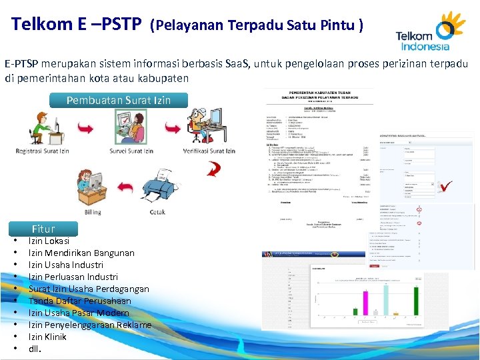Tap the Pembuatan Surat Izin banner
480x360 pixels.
coord(119,101)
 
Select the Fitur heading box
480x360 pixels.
coord(43,229)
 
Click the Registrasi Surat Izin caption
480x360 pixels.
coord(42,151)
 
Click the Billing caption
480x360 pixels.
coord(93,212)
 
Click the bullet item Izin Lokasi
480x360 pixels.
coord(49,241)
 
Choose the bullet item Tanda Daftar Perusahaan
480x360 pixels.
coord(80,301)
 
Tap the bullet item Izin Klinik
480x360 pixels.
coord(47,337)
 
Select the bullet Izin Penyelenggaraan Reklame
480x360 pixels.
coord(90,325)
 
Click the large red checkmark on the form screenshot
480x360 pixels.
coord(446,187)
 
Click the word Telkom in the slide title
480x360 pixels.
coord(43,25)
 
